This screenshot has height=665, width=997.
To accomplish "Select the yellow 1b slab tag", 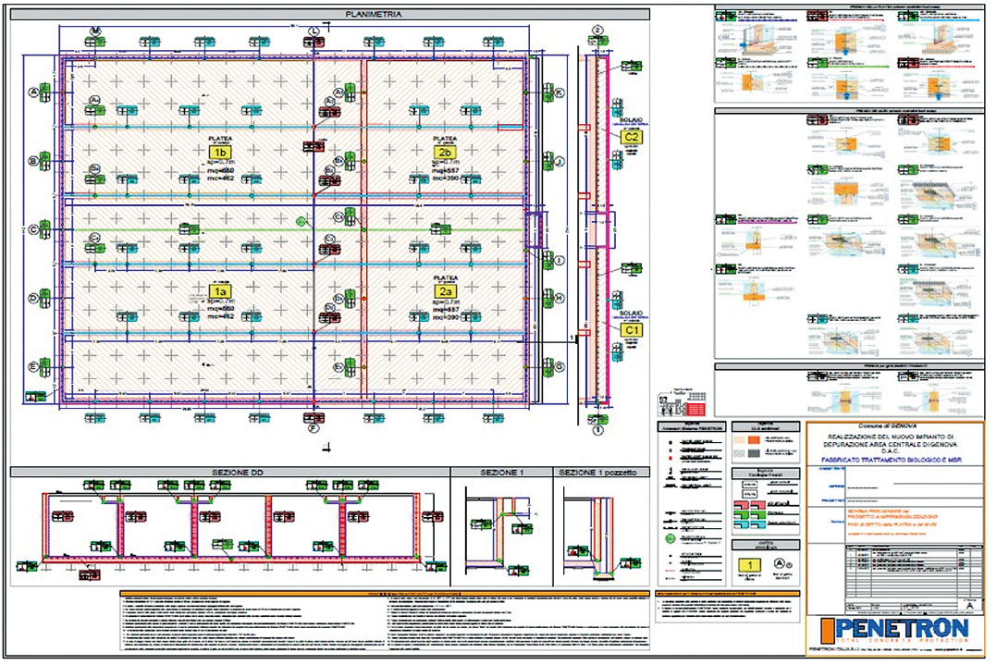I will click(x=219, y=152).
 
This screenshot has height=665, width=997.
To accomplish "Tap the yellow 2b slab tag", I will click(x=445, y=152).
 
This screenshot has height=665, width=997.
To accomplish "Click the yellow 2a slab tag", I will click(x=445, y=289).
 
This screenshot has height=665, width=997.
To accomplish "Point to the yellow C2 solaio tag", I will click(x=633, y=137).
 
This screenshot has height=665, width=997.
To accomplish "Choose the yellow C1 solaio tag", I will click(x=633, y=329).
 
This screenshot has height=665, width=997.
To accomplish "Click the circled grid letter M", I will click(x=95, y=31).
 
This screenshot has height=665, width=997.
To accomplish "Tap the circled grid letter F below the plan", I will click(x=314, y=428).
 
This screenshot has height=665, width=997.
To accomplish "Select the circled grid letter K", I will click(x=559, y=92).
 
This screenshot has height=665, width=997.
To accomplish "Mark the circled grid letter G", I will click(x=559, y=366).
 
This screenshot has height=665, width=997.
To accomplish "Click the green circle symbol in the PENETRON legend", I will click(x=671, y=536).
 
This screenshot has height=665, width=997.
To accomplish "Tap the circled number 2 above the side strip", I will click(x=598, y=31).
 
